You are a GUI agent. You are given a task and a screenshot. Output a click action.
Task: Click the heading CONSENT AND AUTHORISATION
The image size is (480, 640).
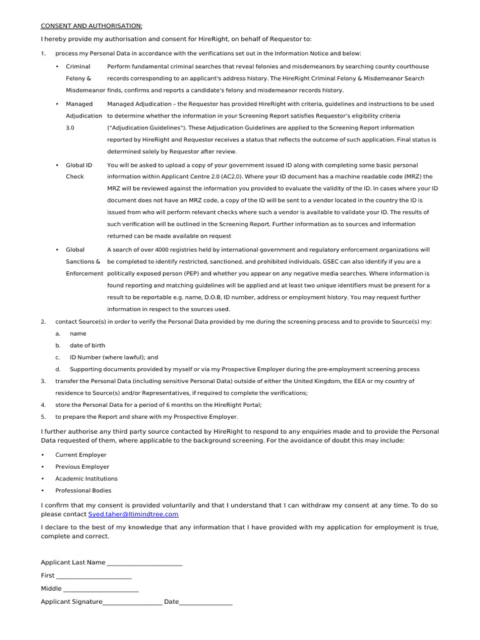pyautogui.click(x=91, y=26)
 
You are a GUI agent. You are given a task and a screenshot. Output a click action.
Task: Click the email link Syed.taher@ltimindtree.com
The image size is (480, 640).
pyautogui.click(x=133, y=514)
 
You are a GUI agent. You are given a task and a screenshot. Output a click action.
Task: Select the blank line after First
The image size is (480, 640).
pyautogui.click(x=94, y=576)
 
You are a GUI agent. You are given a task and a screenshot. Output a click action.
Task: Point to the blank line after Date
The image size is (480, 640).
pyautogui.click(x=206, y=602)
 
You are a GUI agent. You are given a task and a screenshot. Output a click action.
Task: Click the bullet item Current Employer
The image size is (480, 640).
pyautogui.click(x=81, y=455)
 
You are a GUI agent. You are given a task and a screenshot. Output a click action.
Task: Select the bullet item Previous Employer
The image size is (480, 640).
pyautogui.click(x=82, y=467)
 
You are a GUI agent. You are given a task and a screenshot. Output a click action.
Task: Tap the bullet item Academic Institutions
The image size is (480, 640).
pyautogui.click(x=86, y=479)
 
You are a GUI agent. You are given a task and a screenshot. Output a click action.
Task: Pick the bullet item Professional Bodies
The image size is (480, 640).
pyautogui.click(x=83, y=491)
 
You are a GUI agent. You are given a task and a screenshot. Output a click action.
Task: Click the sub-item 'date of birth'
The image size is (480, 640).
pyautogui.click(x=87, y=345)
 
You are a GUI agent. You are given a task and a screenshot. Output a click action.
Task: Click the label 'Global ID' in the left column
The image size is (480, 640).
pyautogui.click(x=79, y=165)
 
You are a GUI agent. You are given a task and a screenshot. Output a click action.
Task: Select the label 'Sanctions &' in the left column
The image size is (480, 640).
pyautogui.click(x=83, y=261)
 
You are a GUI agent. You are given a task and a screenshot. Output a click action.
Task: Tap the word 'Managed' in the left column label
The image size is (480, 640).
pyautogui.click(x=79, y=104)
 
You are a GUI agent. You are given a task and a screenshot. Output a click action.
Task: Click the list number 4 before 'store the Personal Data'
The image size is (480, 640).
pyautogui.click(x=43, y=405)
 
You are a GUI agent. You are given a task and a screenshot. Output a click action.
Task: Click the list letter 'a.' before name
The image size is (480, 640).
pyautogui.click(x=57, y=334)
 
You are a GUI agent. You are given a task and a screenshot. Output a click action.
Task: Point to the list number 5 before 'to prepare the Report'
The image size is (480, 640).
pyautogui.click(x=43, y=417)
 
